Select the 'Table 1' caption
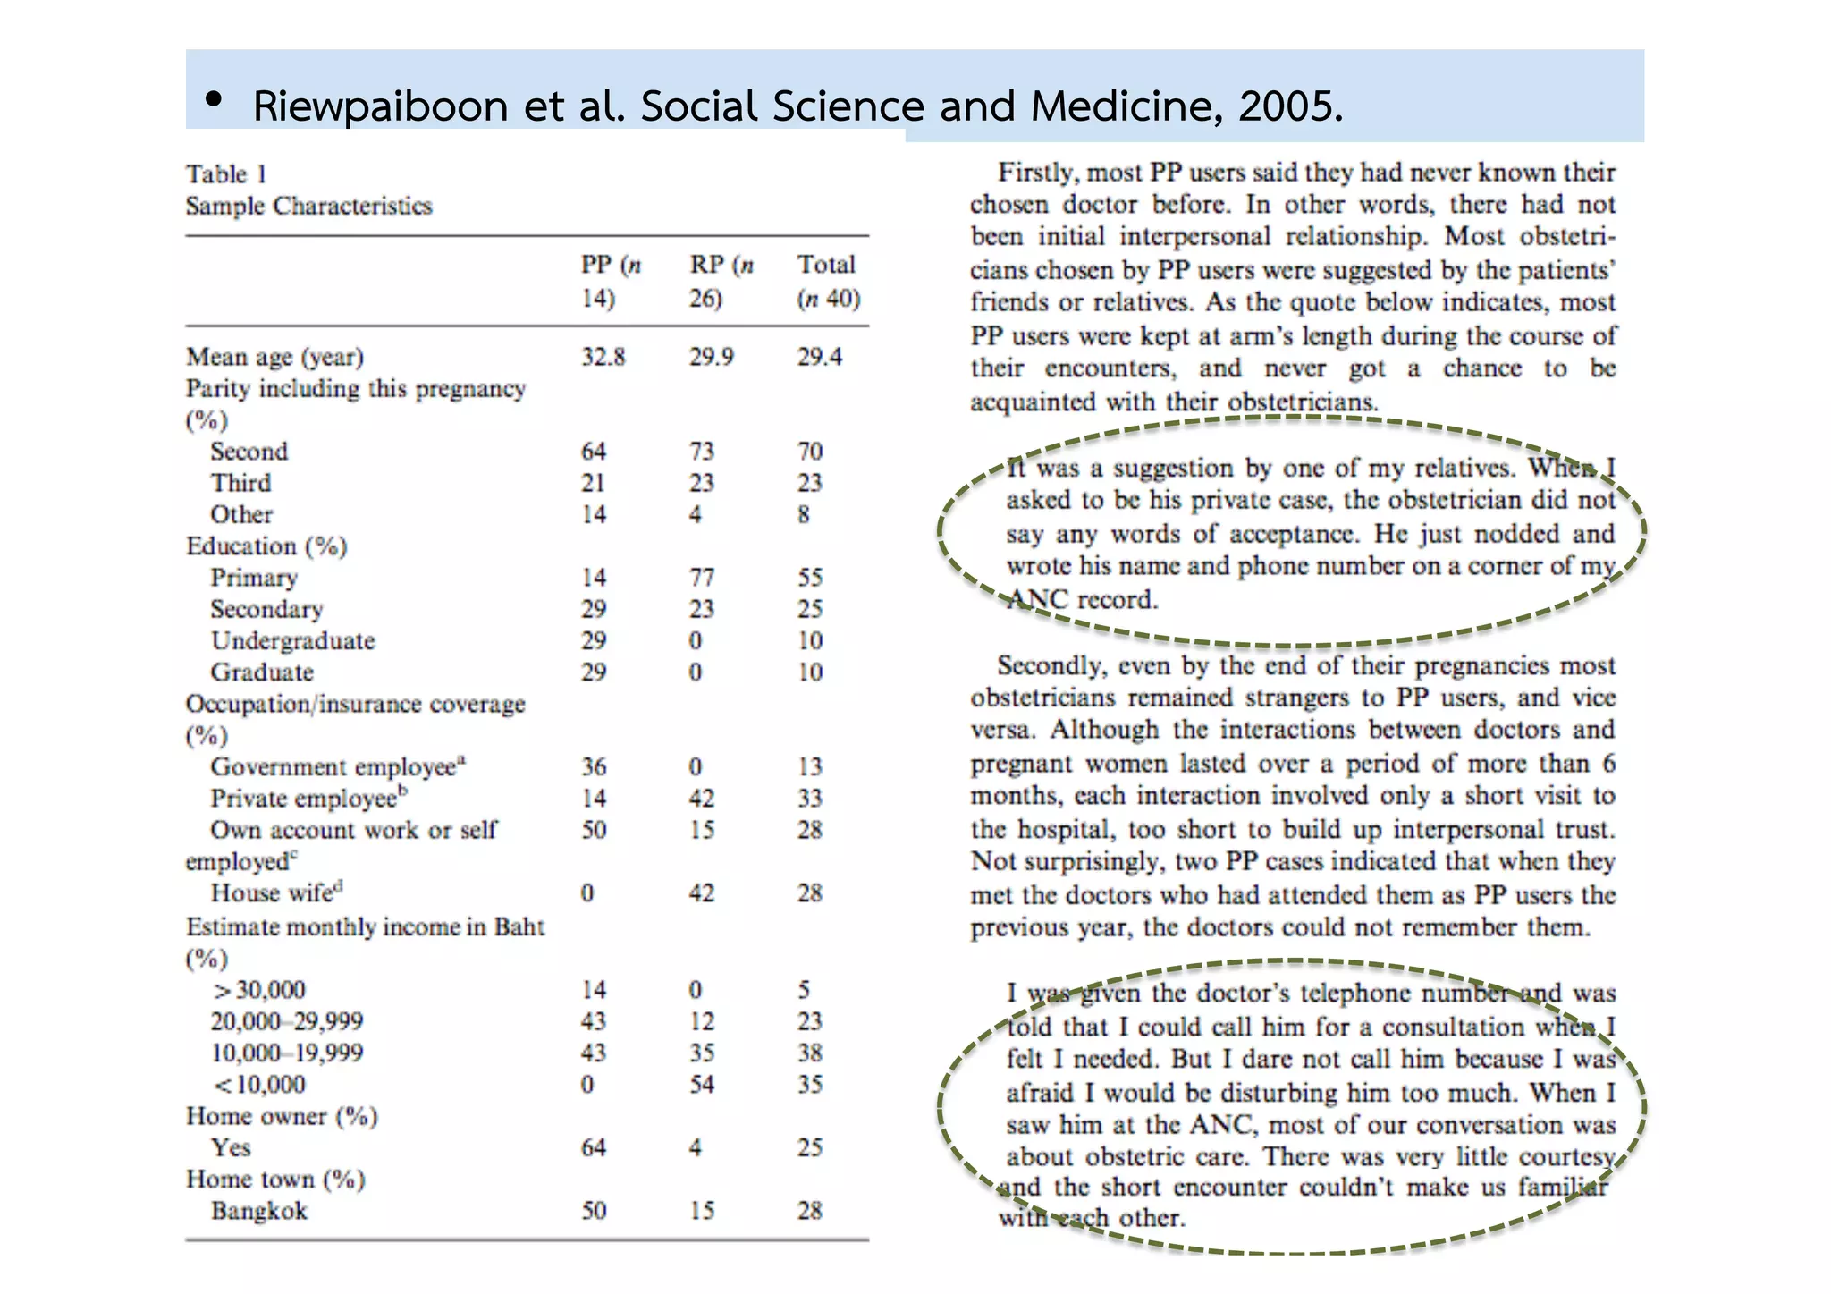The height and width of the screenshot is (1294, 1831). pos(226,173)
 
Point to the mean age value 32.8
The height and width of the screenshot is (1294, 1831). pos(603,357)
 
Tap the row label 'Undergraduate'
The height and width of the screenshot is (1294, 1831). pos(292,641)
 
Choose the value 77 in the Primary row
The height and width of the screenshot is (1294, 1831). pos(702,578)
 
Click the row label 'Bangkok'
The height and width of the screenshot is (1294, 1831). pos(258,1211)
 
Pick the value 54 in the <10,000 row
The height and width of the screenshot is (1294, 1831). pos(702,1085)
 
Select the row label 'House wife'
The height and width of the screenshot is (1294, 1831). pos(275,893)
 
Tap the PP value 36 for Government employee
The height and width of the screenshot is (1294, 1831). pos(594,767)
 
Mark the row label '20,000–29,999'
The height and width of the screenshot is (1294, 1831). pos(287,1021)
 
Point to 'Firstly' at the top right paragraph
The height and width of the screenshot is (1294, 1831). pos(1035,172)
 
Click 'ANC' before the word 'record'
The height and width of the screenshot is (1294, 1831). pos(1037,599)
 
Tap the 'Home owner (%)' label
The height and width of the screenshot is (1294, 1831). pos(282,1117)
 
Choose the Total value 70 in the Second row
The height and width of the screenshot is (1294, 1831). pos(810,452)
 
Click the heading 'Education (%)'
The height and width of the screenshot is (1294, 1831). pos(266,546)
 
